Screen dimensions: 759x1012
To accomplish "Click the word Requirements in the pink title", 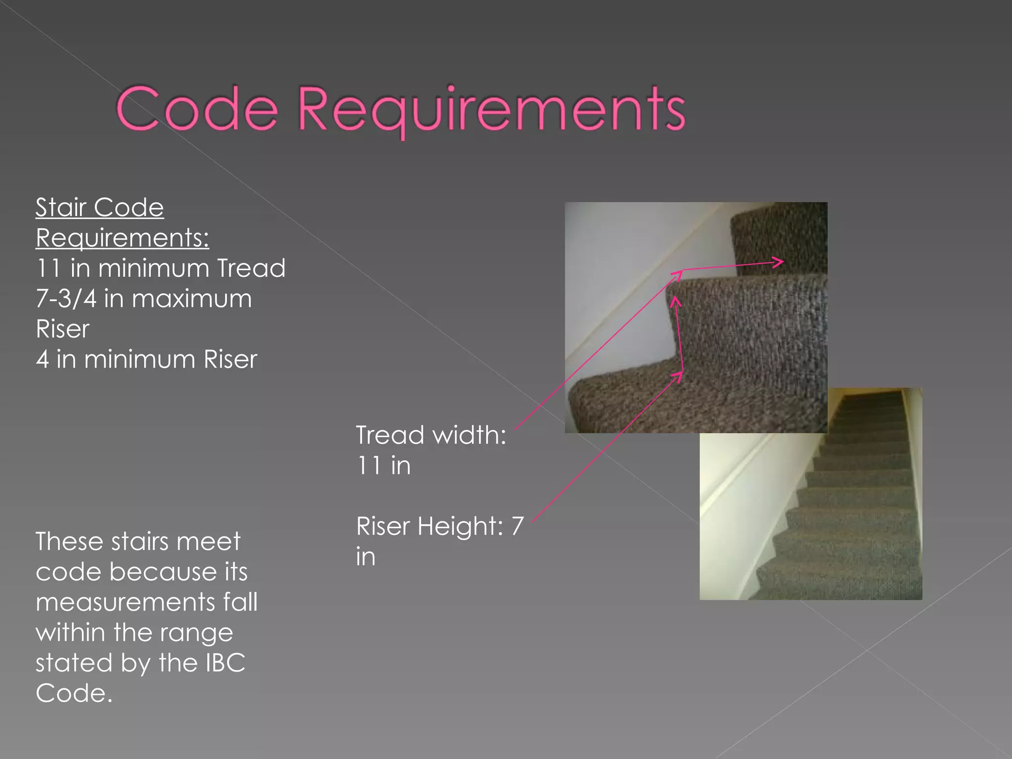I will click(x=491, y=110).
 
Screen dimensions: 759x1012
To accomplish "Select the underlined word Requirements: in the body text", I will click(x=123, y=238).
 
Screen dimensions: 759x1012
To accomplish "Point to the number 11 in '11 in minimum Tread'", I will click(x=48, y=268).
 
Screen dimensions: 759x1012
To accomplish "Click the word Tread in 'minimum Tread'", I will click(x=251, y=268).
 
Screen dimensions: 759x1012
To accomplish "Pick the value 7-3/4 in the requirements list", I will click(x=66, y=299).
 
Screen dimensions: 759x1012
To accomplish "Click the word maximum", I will click(x=192, y=299).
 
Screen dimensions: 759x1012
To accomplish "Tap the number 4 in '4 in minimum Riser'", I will click(x=42, y=359).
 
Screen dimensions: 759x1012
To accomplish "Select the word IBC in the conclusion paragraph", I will click(x=225, y=663).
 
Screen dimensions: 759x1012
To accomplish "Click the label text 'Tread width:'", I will click(x=431, y=435).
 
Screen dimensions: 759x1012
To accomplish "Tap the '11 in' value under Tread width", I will click(x=383, y=465).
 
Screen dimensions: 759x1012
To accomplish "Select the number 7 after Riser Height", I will click(x=517, y=526).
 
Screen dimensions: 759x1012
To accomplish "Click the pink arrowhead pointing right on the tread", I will click(x=778, y=262).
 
